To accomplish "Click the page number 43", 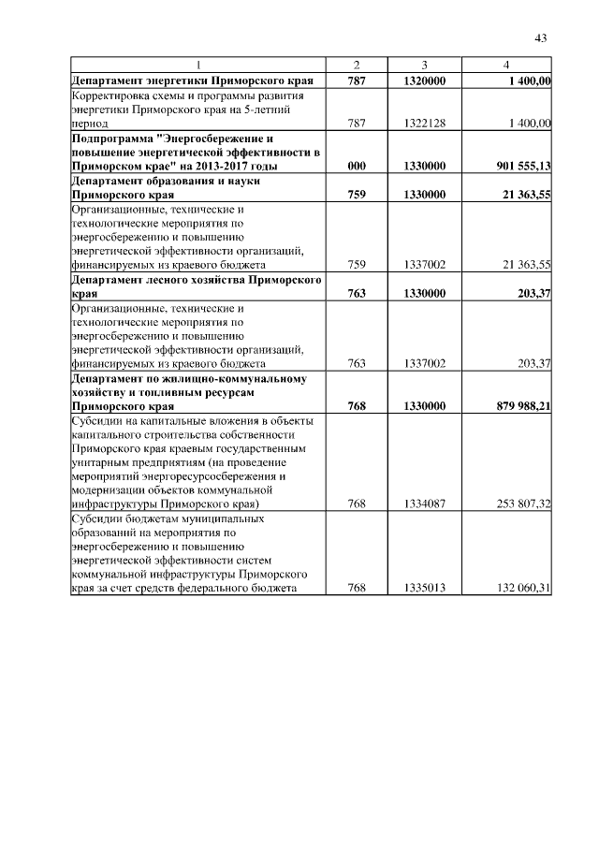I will [540, 37].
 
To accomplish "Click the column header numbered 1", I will [198, 65].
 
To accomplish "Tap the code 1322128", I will [425, 123].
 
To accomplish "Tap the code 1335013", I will [425, 588].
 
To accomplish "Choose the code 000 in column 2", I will [356, 166].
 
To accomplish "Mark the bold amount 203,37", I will [531, 293].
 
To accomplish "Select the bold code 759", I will [356, 195].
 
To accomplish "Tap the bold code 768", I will [356, 407].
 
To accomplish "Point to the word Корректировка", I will [112, 95].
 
